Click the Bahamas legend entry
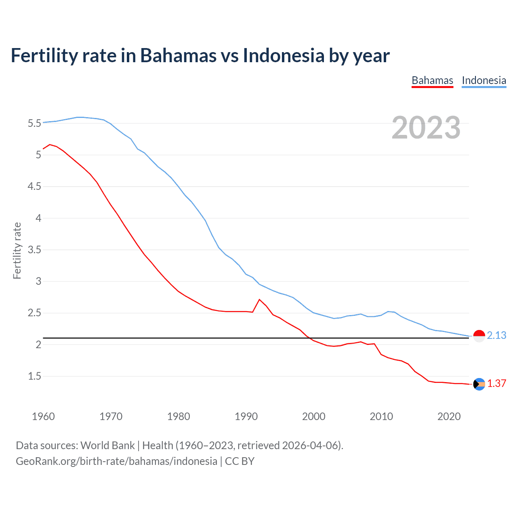click(x=432, y=80)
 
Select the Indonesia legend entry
click(x=484, y=80)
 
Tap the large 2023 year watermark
click(x=426, y=128)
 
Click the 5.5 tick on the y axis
click(x=34, y=123)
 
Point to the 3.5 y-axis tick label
click(x=34, y=250)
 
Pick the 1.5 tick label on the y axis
click(x=34, y=376)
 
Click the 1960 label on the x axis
click(x=43, y=416)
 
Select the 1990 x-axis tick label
click(x=246, y=416)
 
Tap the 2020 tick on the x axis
click(x=449, y=416)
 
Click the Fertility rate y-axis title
click(x=17, y=250)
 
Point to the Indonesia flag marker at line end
click(x=479, y=336)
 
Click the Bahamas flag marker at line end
click(x=479, y=384)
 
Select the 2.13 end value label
click(x=496, y=336)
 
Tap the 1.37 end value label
click(x=496, y=384)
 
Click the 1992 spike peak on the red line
click(x=259, y=299)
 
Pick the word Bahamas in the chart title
click(x=178, y=55)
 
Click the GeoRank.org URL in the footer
click(x=116, y=461)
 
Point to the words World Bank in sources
click(x=107, y=446)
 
